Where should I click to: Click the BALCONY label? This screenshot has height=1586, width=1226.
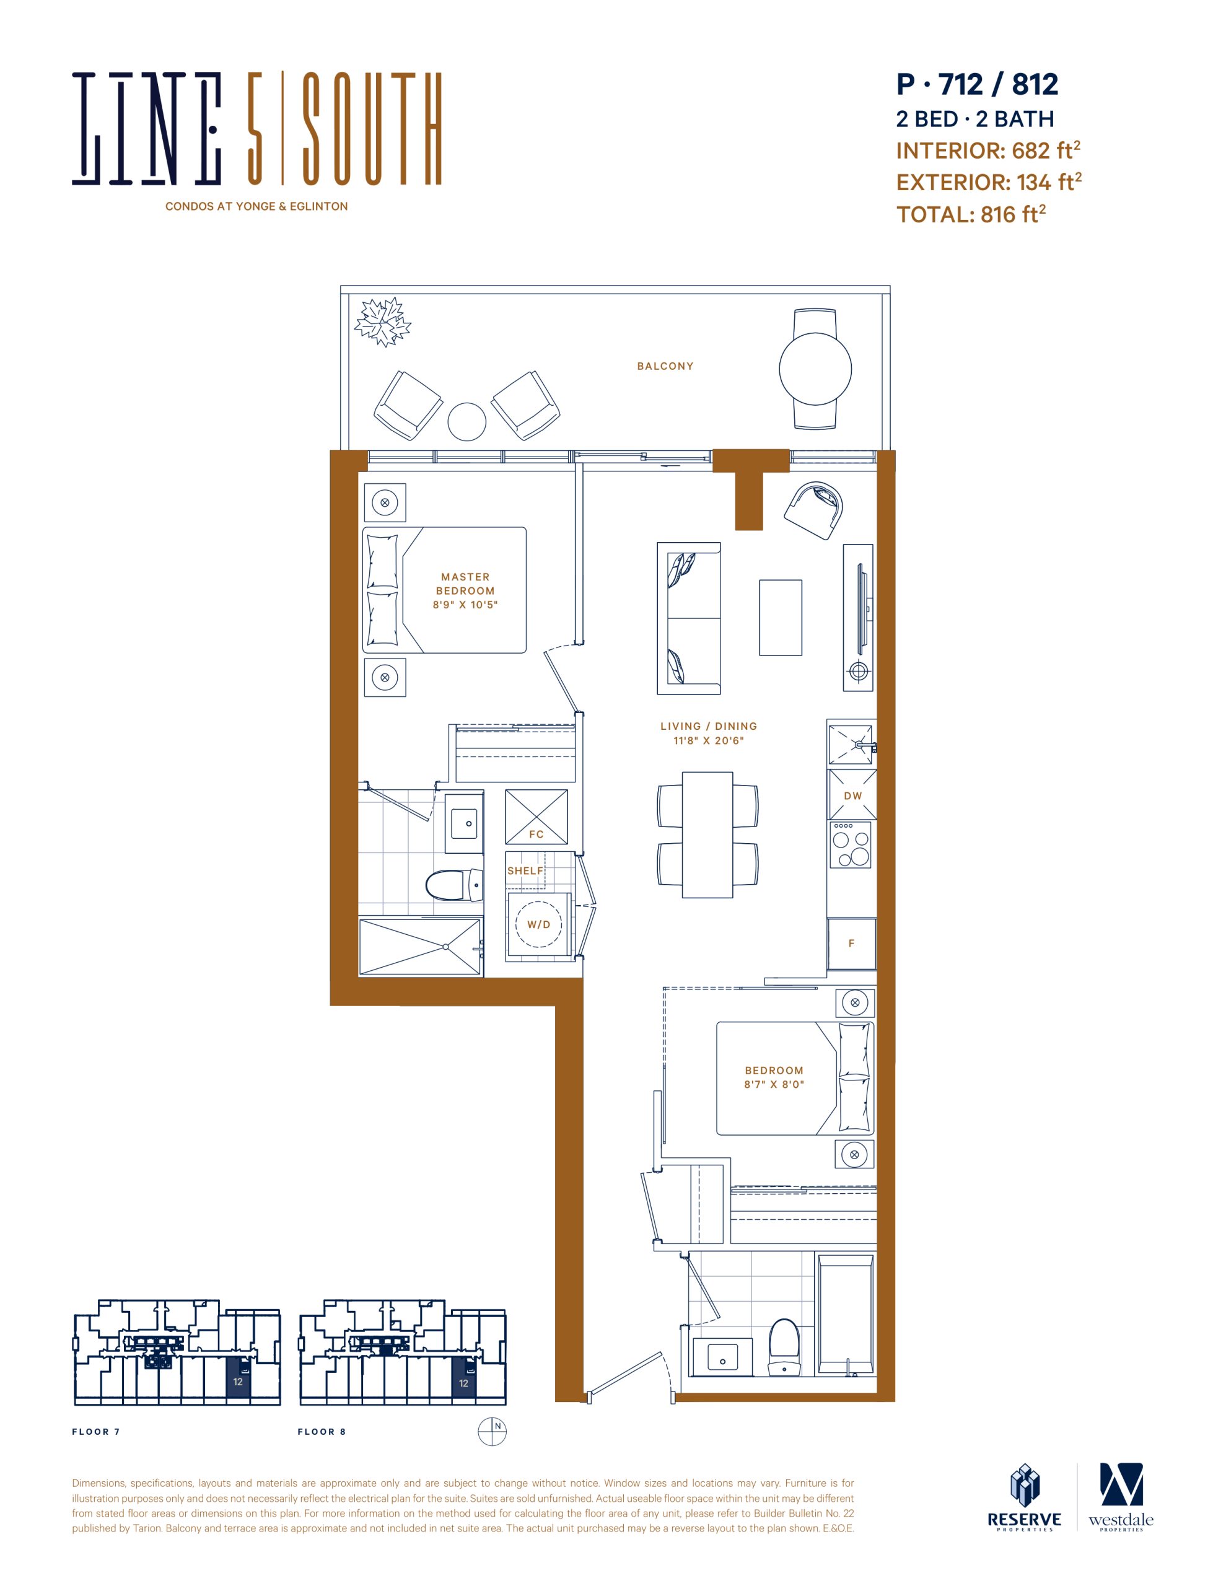tap(665, 366)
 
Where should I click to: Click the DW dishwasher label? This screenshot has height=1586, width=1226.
tap(852, 795)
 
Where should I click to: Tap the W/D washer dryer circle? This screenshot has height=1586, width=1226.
tap(538, 924)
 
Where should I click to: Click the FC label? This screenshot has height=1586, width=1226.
tap(536, 835)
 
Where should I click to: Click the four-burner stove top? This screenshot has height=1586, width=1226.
tap(851, 844)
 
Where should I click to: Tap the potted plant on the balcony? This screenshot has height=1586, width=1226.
tap(382, 321)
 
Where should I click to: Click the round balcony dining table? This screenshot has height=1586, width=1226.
tap(815, 369)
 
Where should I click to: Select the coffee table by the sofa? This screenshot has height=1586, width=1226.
tap(780, 617)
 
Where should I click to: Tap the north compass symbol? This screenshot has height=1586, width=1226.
tap(492, 1431)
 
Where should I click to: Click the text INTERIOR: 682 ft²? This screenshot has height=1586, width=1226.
tap(987, 151)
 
